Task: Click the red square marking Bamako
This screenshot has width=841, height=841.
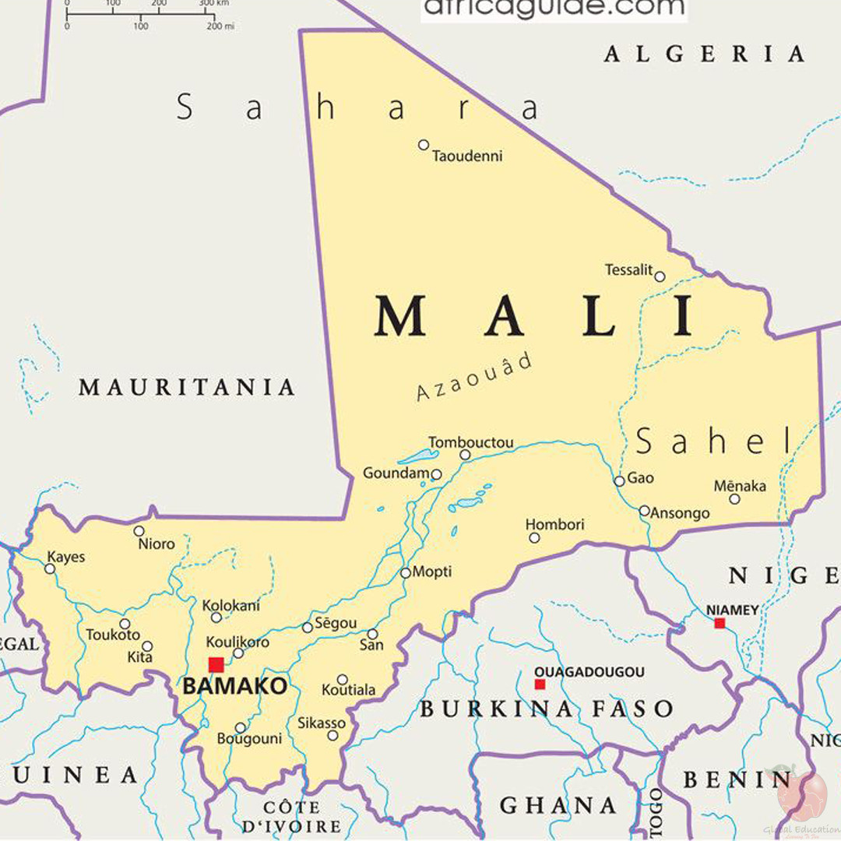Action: pyautogui.click(x=216, y=664)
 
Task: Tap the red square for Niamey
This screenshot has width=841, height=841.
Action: pyautogui.click(x=720, y=623)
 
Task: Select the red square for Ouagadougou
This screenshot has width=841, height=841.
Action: pyautogui.click(x=540, y=684)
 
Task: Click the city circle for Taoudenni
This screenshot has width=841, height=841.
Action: pyautogui.click(x=424, y=145)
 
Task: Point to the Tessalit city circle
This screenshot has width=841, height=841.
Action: pyautogui.click(x=660, y=276)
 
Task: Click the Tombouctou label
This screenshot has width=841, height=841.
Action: pyautogui.click(x=471, y=442)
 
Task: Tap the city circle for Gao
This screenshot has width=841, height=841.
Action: pyautogui.click(x=619, y=481)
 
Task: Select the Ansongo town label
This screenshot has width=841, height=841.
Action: pyautogui.click(x=680, y=513)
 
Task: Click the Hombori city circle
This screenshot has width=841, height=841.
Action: pyautogui.click(x=534, y=537)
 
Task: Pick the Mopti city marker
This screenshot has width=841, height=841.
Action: pyautogui.click(x=406, y=573)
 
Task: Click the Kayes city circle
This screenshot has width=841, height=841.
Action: pyautogui.click(x=50, y=569)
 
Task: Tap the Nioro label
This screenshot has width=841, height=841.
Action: pyautogui.click(x=157, y=544)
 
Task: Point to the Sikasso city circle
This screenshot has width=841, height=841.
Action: pyautogui.click(x=333, y=736)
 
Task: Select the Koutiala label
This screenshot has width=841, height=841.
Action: pyautogui.click(x=349, y=690)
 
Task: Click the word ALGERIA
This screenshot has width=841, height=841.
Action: pyautogui.click(x=704, y=54)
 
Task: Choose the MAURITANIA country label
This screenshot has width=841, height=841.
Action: pyautogui.click(x=187, y=387)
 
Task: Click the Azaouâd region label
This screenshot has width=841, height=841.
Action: pyautogui.click(x=475, y=377)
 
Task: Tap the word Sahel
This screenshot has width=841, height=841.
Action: pyautogui.click(x=713, y=442)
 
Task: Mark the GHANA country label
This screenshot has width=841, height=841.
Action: pyautogui.click(x=558, y=804)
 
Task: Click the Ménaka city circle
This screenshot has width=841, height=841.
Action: pyautogui.click(x=734, y=499)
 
